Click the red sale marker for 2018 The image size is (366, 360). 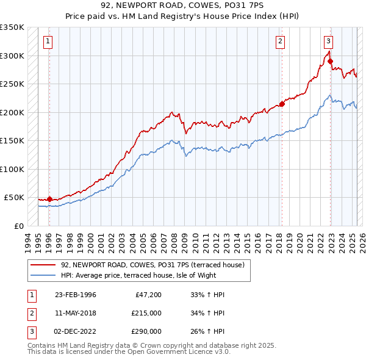(x=282, y=104)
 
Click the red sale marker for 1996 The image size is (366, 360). (x=49, y=199)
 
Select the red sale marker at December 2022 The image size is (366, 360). (x=330, y=61)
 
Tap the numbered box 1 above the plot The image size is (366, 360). (x=48, y=41)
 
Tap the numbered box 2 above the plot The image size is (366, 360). (x=280, y=41)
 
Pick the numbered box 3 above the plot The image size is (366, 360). (x=328, y=41)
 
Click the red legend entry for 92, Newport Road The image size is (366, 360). (x=152, y=265)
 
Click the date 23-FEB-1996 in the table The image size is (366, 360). (x=76, y=295)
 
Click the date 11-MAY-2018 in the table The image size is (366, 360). (x=76, y=313)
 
